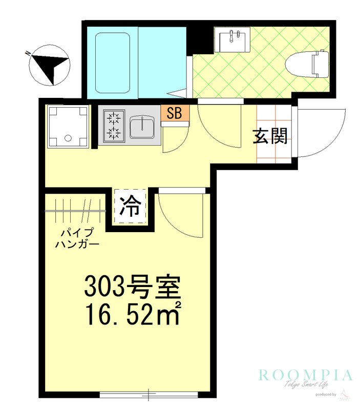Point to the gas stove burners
(x=113, y=126)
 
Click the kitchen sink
(x=142, y=127)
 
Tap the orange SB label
(x=175, y=113)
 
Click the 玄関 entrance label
(x=270, y=136)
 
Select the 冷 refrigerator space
(x=130, y=207)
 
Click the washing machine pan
(x=68, y=127)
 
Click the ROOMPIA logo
(x=306, y=375)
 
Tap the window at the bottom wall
(x=149, y=395)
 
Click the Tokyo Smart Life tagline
(x=306, y=385)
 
